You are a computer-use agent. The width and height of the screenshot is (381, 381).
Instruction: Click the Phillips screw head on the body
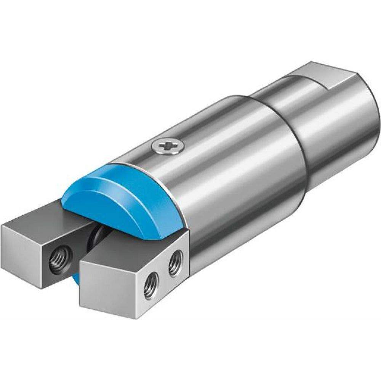(x=168, y=146)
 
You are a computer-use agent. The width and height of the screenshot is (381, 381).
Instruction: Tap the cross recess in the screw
(x=168, y=146)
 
